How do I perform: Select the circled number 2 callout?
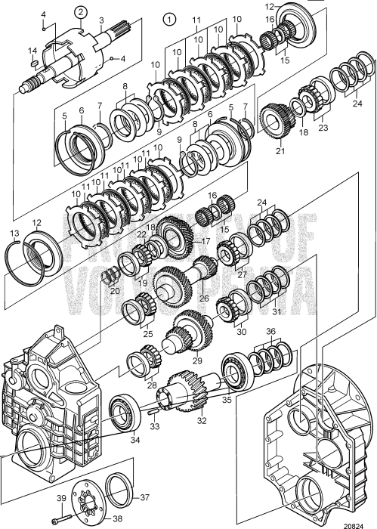click(x=79, y=10)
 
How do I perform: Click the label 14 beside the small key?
click(x=32, y=51)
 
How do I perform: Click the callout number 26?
click(x=203, y=298)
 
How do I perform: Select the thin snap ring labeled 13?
click(x=20, y=261)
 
